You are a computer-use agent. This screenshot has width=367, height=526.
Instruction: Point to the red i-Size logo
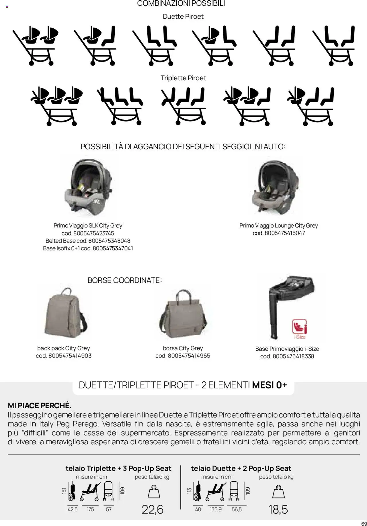pyautogui.click(x=299, y=328)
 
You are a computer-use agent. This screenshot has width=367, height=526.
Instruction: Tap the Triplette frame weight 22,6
pyautogui.click(x=153, y=509)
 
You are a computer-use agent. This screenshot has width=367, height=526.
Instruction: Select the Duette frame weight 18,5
pyautogui.click(x=278, y=509)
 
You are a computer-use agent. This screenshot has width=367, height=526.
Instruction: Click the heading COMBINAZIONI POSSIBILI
pyautogui.click(x=181, y=4)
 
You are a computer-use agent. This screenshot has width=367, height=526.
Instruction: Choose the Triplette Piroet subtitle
pyautogui.click(x=183, y=78)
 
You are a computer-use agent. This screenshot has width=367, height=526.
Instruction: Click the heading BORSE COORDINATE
pyautogui.click(x=124, y=280)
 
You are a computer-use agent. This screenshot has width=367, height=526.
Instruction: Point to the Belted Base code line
pyautogui.click(x=88, y=241)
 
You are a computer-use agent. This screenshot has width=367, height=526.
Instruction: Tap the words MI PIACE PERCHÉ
pyautogui.click(x=40, y=406)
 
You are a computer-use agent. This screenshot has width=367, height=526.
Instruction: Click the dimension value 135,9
pyautogui.click(x=216, y=510)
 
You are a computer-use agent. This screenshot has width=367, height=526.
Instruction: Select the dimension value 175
pyautogui.click(x=90, y=510)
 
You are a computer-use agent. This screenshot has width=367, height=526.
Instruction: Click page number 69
pyautogui.click(x=364, y=522)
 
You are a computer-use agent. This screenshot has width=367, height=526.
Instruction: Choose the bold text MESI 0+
pyautogui.click(x=269, y=385)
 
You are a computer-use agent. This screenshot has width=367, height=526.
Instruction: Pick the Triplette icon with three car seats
pyautogui.click(x=57, y=106)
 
